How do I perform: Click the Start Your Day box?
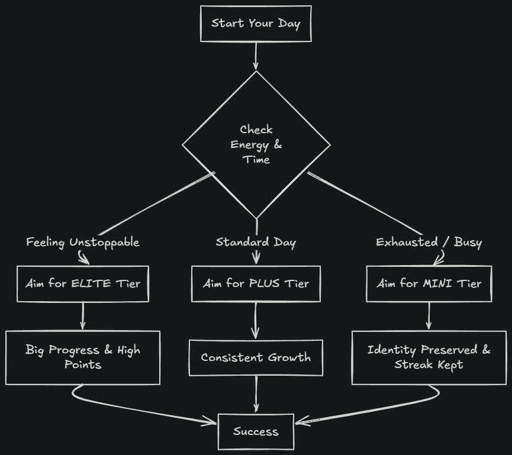pos(256,24)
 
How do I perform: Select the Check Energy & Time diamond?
pos(256,144)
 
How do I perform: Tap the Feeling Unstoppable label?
pos(83,243)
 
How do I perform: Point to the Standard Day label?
pos(256,242)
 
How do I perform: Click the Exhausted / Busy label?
pos(429,243)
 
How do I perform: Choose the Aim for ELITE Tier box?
pos(83,283)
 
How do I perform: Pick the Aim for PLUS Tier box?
pos(256,283)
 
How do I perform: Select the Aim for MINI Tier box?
pos(429,283)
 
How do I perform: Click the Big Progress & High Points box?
pos(83,357)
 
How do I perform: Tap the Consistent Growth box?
pos(256,357)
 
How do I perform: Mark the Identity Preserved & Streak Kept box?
pos(429,357)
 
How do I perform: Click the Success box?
pos(256,431)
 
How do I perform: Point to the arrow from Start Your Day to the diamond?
pos(256,56)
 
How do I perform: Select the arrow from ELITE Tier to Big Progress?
pos(83,315)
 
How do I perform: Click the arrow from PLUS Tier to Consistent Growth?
pos(256,320)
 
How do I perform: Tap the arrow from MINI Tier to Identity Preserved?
pos(429,315)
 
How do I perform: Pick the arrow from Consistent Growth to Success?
pos(256,394)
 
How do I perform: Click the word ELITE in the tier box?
pos(91,283)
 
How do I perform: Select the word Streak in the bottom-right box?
pos(414,364)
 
